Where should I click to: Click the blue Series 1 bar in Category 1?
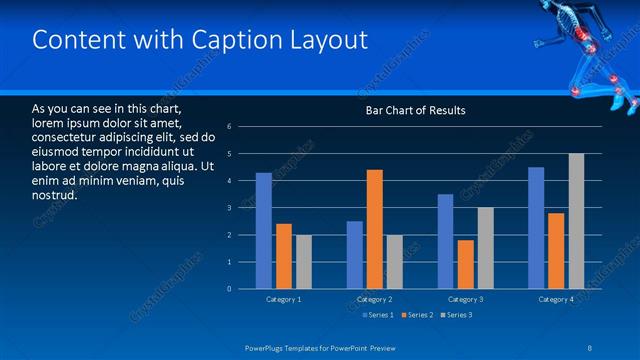(263, 231)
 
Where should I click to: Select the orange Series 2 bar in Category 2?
(375, 229)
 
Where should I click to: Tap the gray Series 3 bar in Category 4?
(576, 221)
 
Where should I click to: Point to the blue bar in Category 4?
(536, 228)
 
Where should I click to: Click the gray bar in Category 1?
(303, 262)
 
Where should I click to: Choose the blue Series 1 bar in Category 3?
(445, 241)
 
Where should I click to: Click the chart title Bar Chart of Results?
(414, 110)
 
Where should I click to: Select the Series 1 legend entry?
(378, 316)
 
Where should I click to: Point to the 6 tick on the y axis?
(230, 127)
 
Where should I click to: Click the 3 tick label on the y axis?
(230, 208)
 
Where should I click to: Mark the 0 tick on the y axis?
(230, 289)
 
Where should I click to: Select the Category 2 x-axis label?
(374, 299)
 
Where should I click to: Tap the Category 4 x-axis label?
(555, 299)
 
